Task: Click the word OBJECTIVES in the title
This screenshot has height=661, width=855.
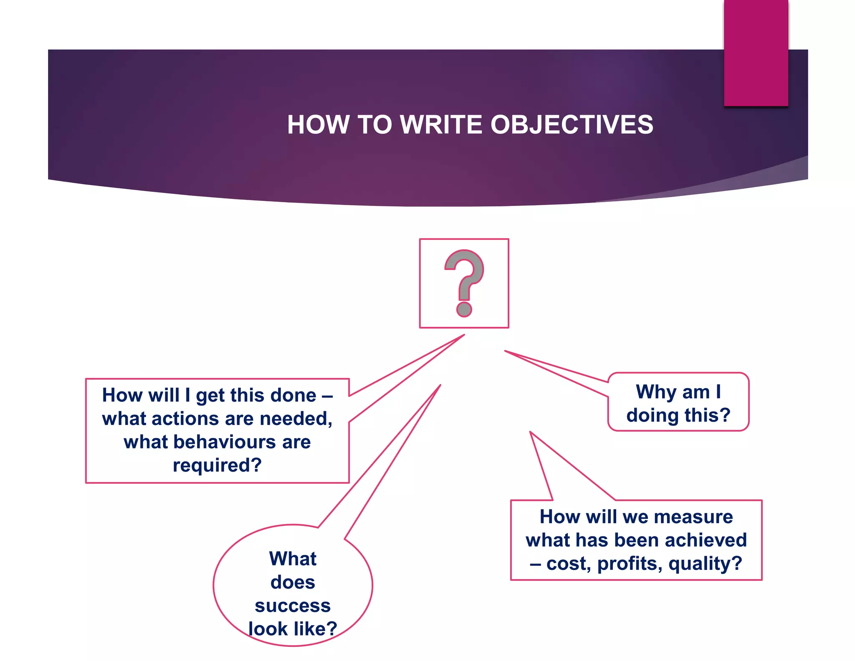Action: [x=572, y=125]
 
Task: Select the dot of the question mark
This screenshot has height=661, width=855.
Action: [x=464, y=309]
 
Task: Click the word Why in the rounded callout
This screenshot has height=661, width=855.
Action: [x=652, y=392]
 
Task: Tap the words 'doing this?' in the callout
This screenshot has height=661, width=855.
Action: [x=678, y=415]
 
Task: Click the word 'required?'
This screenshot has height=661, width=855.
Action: [x=217, y=465]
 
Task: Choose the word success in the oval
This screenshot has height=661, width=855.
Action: [x=293, y=605]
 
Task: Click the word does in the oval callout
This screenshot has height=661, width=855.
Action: [x=293, y=582]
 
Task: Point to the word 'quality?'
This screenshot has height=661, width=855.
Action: [x=705, y=564]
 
